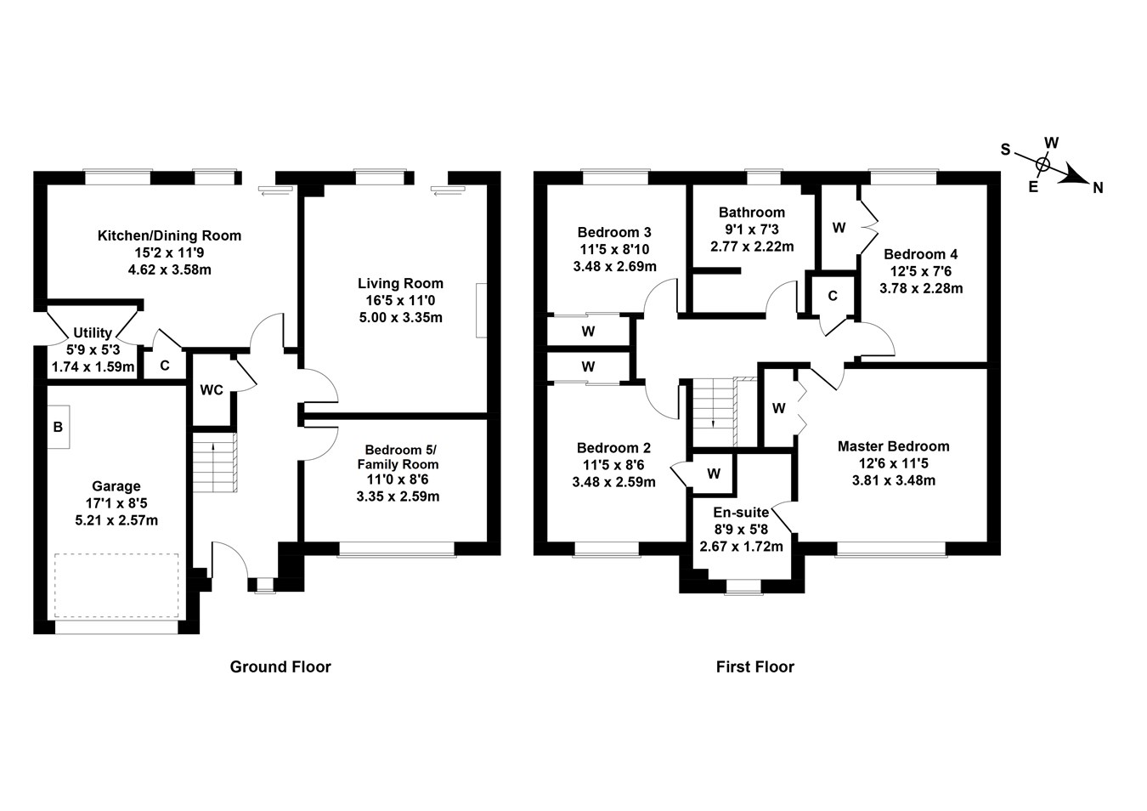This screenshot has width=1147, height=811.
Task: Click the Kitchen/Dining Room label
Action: [169, 235]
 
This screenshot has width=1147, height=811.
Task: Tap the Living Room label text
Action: [400, 283]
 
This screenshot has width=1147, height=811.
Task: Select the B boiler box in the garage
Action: [58, 427]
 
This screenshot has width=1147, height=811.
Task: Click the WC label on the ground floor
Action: [212, 390]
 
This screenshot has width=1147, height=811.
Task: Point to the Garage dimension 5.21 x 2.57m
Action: [116, 520]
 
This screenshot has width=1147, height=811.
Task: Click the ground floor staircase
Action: [213, 462]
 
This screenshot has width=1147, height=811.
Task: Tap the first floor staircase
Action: [714, 412]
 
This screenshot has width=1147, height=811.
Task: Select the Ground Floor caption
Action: [280, 667]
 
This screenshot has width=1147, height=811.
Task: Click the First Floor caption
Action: [754, 667]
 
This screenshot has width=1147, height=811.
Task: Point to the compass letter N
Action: [1098, 188]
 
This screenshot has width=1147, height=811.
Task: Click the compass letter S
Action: [1005, 150]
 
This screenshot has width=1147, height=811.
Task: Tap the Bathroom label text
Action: [752, 213]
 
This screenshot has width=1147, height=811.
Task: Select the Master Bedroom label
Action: [893, 446]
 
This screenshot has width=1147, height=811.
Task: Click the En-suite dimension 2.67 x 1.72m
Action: [741, 547]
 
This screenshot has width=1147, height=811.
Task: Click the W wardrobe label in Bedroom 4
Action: [839, 228]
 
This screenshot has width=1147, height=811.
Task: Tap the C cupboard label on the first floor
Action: [833, 296]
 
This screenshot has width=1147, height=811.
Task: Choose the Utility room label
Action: [93, 332]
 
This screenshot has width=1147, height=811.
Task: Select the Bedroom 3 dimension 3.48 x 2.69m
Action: [614, 266]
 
